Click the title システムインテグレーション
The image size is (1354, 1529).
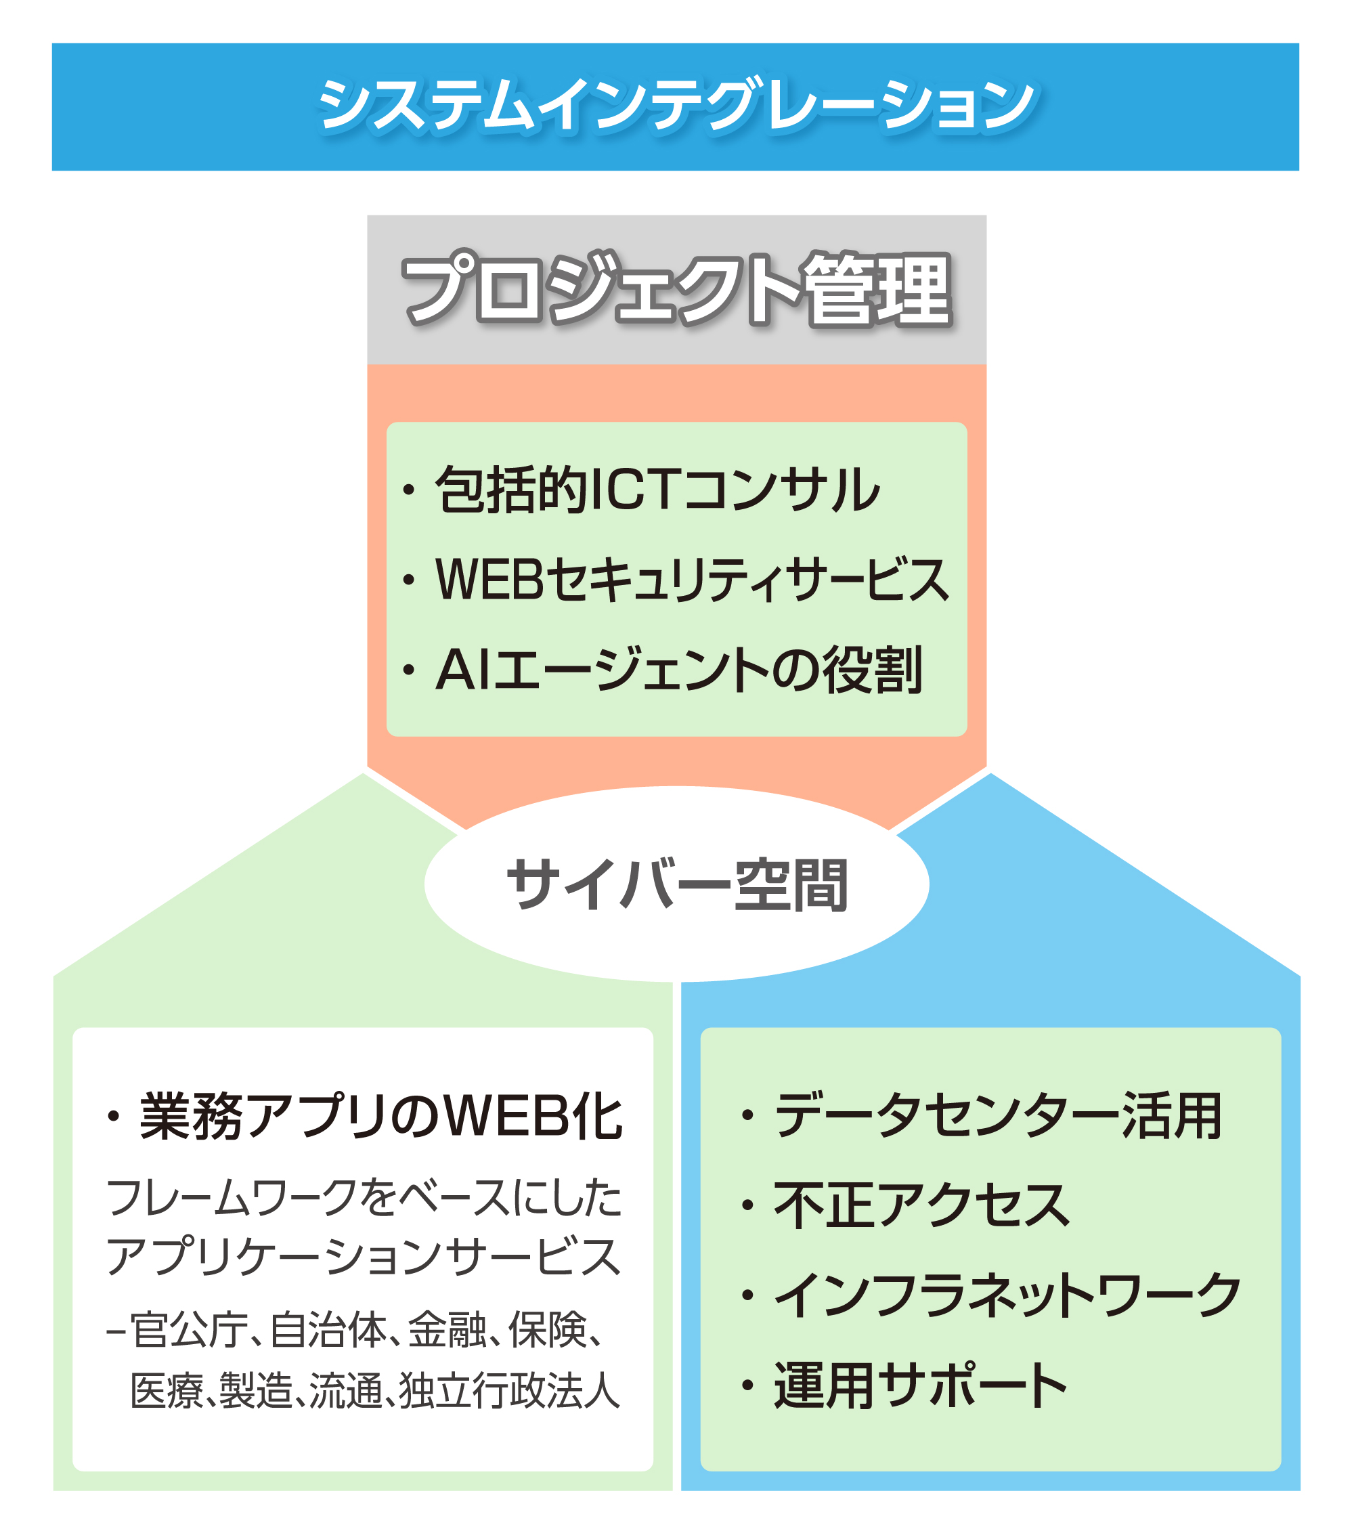click(x=676, y=106)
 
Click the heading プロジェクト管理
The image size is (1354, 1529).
click(x=676, y=290)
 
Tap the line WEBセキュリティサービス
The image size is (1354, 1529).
click(x=691, y=580)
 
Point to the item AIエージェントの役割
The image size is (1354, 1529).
click(x=678, y=670)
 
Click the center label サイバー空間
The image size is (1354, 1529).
click(x=676, y=885)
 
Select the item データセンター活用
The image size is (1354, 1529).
click(x=998, y=1116)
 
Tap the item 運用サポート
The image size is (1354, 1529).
click(x=921, y=1385)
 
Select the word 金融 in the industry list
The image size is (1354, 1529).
click(x=447, y=1330)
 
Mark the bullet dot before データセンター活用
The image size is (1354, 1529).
click(x=747, y=1117)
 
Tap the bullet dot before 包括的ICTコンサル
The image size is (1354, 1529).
click(x=408, y=491)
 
